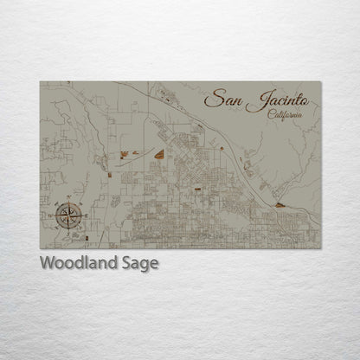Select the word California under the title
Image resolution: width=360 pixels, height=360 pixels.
pyautogui.click(x=286, y=115)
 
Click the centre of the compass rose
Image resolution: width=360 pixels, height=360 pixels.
pyautogui.click(x=69, y=213)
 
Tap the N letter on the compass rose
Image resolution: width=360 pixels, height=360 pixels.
pyautogui.click(x=69, y=199)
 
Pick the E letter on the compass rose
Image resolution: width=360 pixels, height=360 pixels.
pyautogui.click(x=84, y=213)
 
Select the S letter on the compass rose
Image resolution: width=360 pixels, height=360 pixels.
pyautogui.click(x=69, y=228)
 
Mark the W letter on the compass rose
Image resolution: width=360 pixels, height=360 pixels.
pyautogui.click(x=55, y=213)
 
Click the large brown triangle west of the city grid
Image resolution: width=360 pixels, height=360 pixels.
pyautogui.click(x=159, y=154)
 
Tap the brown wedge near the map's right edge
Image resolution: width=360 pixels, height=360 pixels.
pyautogui.click(x=281, y=205)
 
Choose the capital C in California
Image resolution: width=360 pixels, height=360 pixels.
pyautogui.click(x=271, y=115)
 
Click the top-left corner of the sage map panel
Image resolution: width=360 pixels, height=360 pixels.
pyautogui.click(x=40, y=81)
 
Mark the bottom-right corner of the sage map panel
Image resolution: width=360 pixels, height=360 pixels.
pyautogui.click(x=320, y=249)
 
